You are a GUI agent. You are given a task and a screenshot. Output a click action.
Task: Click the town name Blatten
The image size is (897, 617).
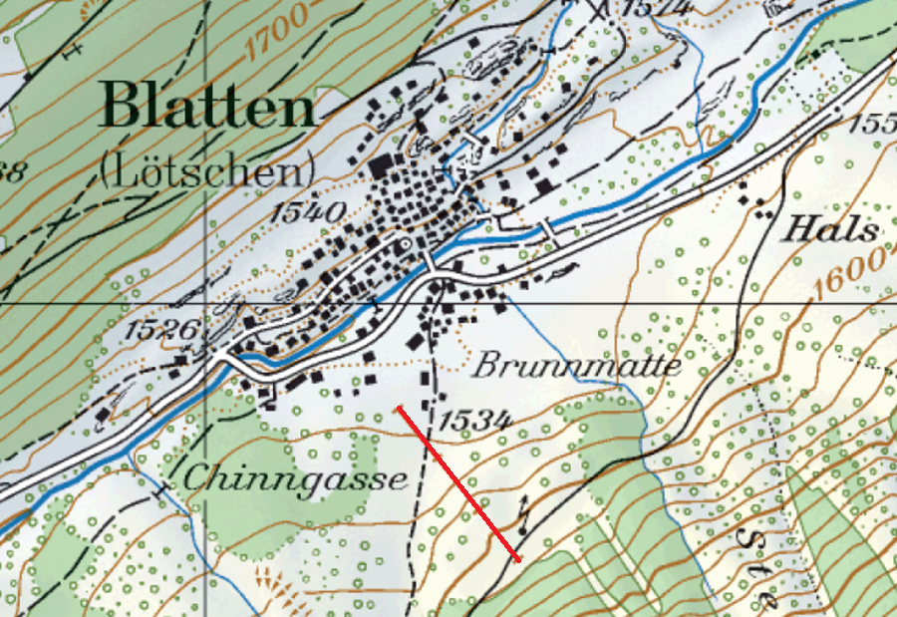[x=207, y=106]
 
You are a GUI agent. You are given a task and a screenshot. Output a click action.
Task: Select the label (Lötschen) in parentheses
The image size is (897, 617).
[x=206, y=170]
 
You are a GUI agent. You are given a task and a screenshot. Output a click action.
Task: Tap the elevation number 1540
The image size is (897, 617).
[x=309, y=211]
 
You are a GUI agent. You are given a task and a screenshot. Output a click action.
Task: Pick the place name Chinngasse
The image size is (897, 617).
[x=296, y=479]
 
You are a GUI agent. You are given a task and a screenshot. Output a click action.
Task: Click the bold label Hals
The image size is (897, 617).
[x=830, y=230]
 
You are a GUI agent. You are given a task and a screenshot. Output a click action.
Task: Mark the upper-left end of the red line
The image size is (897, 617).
[x=398, y=408]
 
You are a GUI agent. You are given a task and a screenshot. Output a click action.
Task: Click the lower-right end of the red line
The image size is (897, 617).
[x=518, y=559]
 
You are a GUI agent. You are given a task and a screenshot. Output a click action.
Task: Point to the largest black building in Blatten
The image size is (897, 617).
[x=383, y=166]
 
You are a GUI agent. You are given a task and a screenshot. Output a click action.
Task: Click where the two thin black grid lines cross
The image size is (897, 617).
[x=206, y=302]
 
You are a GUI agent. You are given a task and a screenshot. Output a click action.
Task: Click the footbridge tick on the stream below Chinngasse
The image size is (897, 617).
[x=159, y=490]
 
